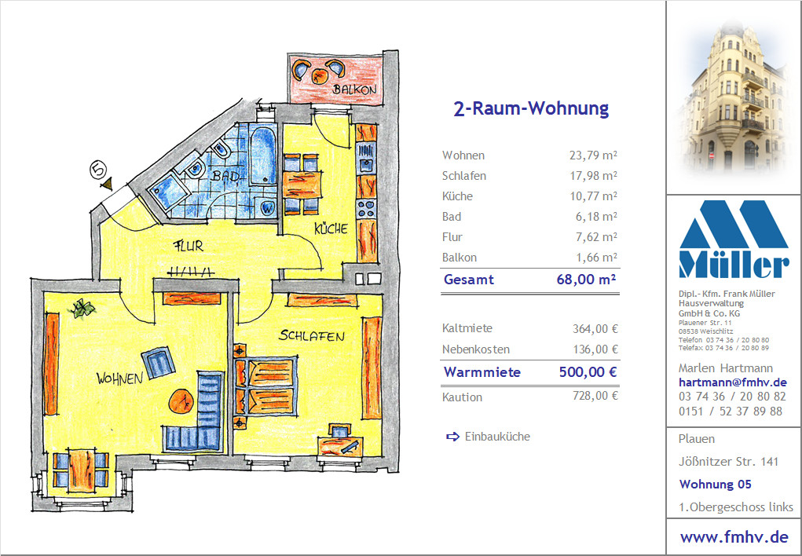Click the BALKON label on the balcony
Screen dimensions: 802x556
[x=354, y=89]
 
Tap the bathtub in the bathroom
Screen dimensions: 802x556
[x=263, y=155]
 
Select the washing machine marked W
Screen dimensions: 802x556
[x=267, y=207]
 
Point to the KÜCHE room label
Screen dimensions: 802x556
[x=331, y=228]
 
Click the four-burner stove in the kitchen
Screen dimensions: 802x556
[x=366, y=209]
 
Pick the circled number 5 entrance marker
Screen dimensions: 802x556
[x=98, y=170]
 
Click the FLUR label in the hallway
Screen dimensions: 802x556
[x=189, y=246]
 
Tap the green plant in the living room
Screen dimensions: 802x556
[x=82, y=308]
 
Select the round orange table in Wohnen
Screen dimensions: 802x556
[x=181, y=401]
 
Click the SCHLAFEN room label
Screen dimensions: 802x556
[x=312, y=335]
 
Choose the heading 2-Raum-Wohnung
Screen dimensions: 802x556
[x=531, y=108]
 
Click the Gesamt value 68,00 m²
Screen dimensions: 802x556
[x=586, y=280]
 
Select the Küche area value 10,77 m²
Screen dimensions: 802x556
[x=593, y=196]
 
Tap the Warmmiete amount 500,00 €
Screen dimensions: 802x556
[x=588, y=372]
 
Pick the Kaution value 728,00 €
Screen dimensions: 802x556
[x=595, y=395]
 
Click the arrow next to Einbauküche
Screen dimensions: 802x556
[x=452, y=437]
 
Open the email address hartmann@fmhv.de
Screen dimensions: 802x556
[x=732, y=382]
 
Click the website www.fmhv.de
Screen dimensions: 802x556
[x=734, y=537]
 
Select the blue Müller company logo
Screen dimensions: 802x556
[x=734, y=239]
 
